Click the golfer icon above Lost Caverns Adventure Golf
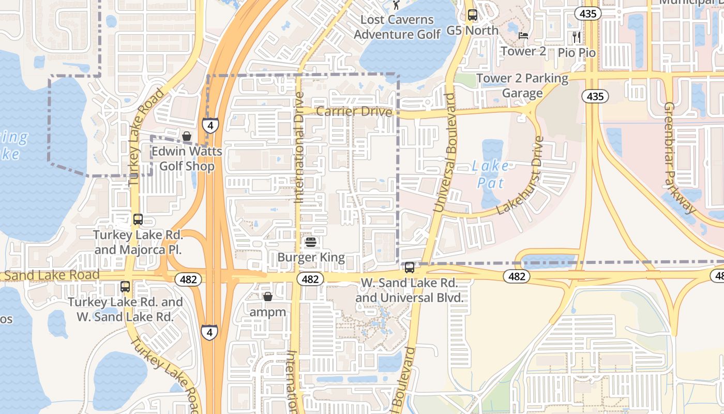click(397, 5)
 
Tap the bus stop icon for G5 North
click(472, 15)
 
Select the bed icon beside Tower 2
click(523, 36)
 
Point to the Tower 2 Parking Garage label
click(522, 85)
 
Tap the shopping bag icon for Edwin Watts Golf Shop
click(187, 136)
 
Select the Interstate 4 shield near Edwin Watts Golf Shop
click(210, 125)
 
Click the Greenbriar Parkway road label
click(680, 158)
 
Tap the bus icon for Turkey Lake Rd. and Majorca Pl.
click(138, 219)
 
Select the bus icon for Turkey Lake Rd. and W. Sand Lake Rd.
click(125, 286)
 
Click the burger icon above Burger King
click(311, 242)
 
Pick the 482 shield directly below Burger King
click(310, 279)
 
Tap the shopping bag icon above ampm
click(267, 297)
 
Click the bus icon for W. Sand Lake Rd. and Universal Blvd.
click(409, 268)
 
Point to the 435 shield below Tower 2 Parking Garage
click(595, 96)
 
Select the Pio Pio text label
click(576, 53)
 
